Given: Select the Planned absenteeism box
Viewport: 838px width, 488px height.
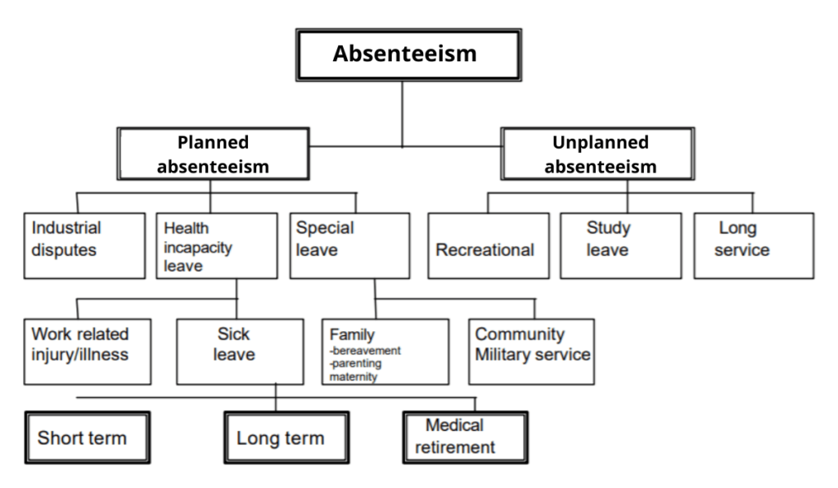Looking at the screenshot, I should [214, 154].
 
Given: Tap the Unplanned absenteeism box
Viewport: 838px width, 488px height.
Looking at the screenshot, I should [600, 154].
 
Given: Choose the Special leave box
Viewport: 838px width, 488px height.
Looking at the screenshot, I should [349, 245].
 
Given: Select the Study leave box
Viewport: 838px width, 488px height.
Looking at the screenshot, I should [619, 245].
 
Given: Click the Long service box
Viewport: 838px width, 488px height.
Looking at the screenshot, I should [753, 245].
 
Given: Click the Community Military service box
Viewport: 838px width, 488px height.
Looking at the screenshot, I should [531, 351].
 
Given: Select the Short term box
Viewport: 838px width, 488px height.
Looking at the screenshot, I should [87, 437].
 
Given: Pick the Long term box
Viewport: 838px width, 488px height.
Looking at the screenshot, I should [281, 437].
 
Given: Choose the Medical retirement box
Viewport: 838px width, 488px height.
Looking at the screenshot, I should [464, 437].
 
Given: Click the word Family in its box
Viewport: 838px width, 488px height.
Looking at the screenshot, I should [352, 334].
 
